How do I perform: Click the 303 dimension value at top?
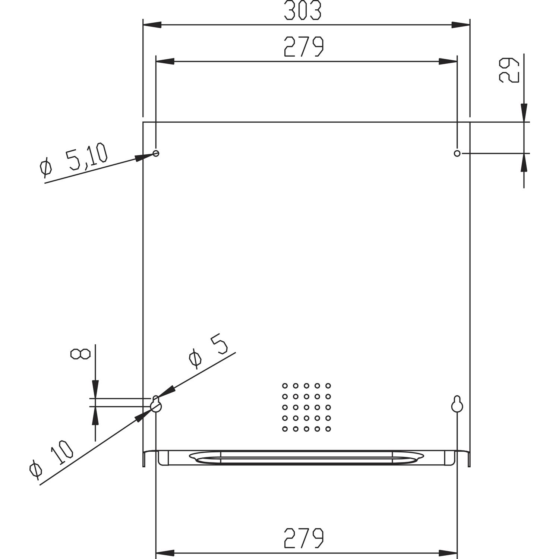[302, 11]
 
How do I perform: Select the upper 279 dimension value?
[304, 47]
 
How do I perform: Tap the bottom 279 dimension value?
[304, 538]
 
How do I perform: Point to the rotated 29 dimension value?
[509, 70]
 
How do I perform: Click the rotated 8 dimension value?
[80, 354]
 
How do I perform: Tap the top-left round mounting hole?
[156, 153]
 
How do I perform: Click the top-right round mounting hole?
[457, 153]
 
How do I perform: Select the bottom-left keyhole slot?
[156, 405]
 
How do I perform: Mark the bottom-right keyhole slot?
[457, 405]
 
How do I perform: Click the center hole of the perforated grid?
[306, 407]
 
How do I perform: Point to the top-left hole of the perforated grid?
[285, 386]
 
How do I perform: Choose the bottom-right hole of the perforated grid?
[328, 429]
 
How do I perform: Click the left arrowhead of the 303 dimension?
[152, 25]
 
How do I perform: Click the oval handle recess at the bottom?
[306, 458]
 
